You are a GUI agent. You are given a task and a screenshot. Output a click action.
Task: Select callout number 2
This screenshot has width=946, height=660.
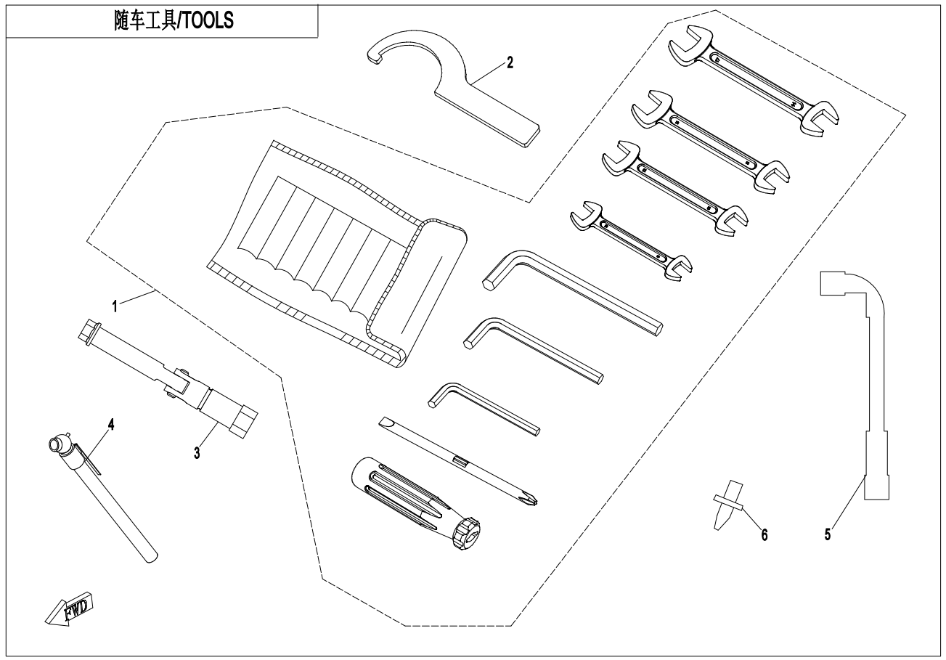[510, 62]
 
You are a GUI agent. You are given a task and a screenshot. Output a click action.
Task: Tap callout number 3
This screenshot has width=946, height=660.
[196, 452]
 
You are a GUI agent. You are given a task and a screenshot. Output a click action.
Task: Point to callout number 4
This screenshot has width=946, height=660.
[110, 425]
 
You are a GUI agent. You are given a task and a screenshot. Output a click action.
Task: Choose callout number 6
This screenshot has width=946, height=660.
[763, 535]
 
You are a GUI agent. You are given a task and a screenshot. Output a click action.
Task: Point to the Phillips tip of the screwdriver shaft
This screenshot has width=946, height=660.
[531, 497]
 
